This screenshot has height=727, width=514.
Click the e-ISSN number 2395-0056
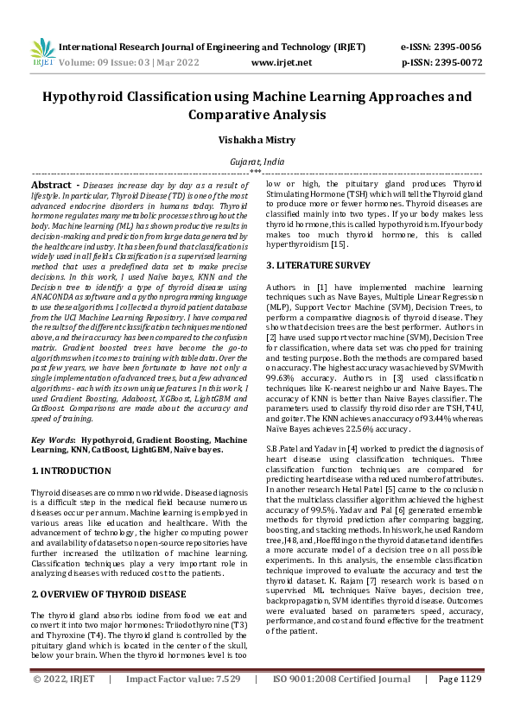click(457, 48)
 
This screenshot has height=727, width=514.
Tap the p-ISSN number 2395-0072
click(457, 63)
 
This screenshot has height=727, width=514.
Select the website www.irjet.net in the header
click(281, 63)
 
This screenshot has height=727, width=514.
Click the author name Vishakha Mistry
click(257, 140)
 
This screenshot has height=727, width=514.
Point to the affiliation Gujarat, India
click(257, 161)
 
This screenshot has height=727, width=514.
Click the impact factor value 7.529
click(221, 704)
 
